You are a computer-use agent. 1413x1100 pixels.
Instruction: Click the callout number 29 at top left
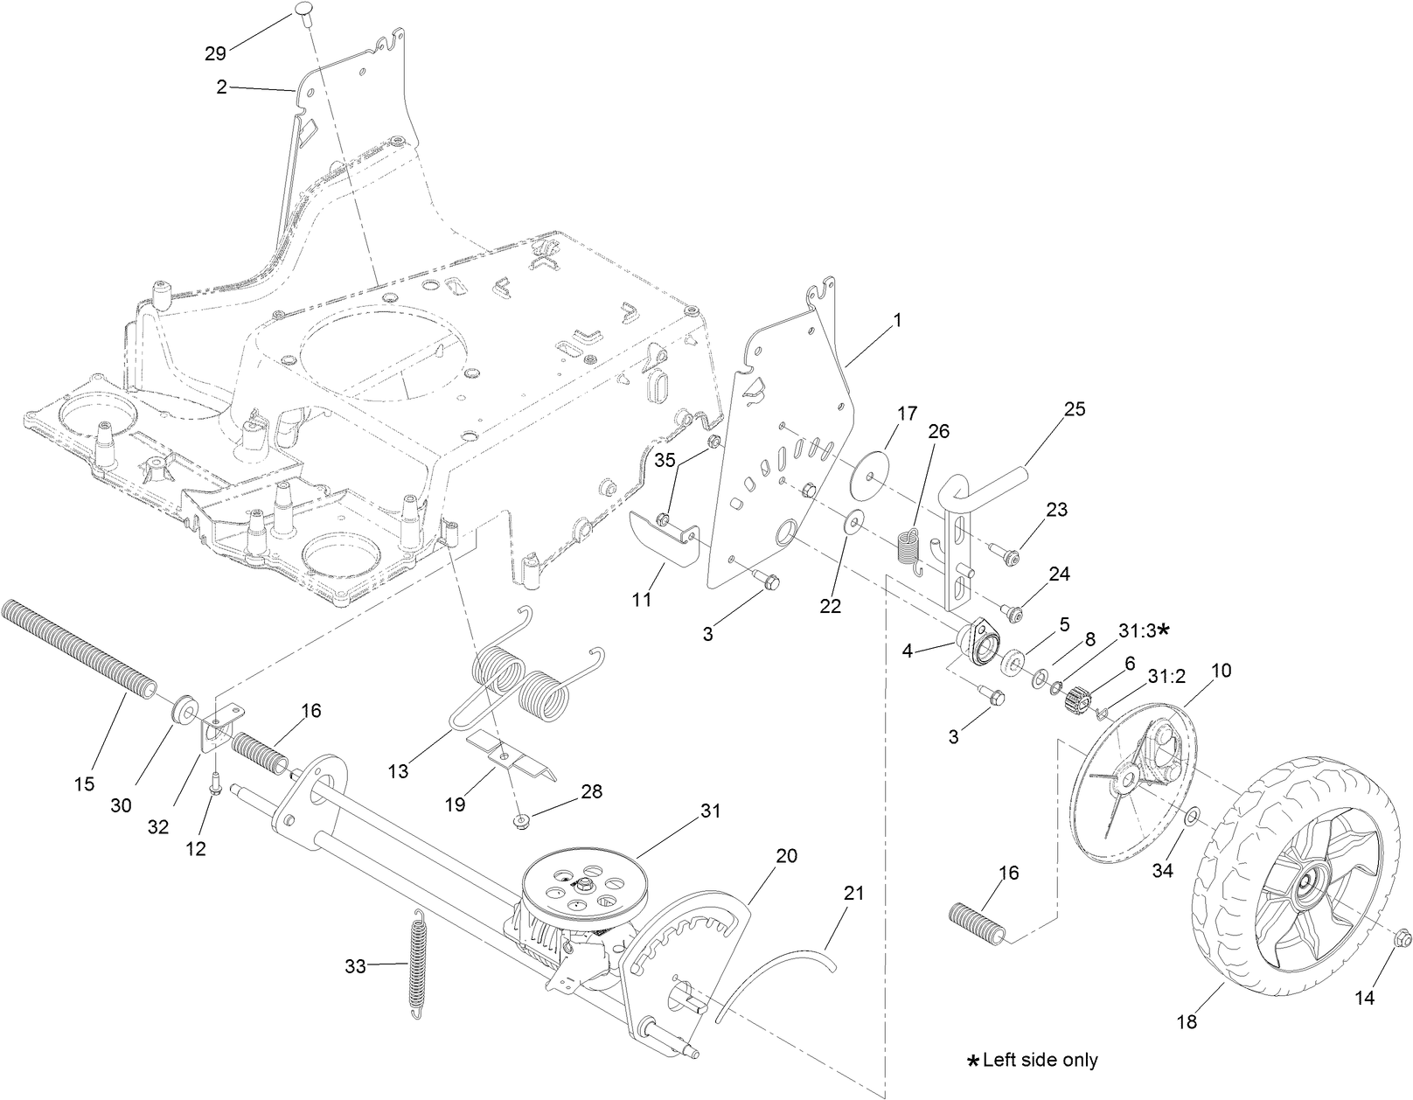[215, 54]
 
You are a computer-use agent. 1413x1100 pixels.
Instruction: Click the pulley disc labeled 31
[579, 888]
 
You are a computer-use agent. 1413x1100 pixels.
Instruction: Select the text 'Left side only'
[1040, 1061]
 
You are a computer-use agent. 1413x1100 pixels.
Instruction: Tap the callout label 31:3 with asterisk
[1143, 630]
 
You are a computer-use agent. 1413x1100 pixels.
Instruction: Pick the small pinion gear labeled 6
[1080, 699]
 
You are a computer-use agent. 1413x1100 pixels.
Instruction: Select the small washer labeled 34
[1192, 817]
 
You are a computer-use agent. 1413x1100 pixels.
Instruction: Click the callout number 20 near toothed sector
[787, 856]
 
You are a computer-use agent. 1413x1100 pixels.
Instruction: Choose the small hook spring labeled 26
[910, 550]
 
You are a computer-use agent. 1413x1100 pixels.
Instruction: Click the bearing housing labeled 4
[973, 641]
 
